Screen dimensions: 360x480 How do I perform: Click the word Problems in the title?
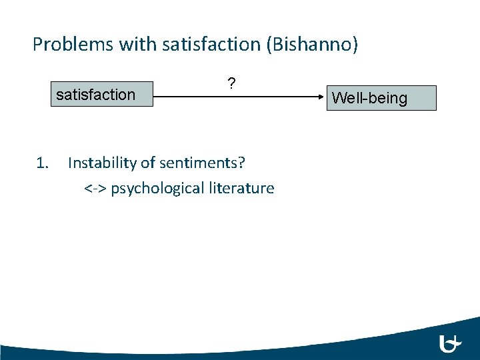73,45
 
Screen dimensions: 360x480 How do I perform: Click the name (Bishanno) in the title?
313,45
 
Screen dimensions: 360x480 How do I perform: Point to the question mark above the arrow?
231,84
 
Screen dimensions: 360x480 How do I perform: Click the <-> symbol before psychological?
95,189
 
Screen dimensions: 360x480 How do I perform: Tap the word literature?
241,189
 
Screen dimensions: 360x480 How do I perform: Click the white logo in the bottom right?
451,343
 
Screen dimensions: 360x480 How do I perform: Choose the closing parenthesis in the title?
355,45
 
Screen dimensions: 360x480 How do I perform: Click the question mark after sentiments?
241,163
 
